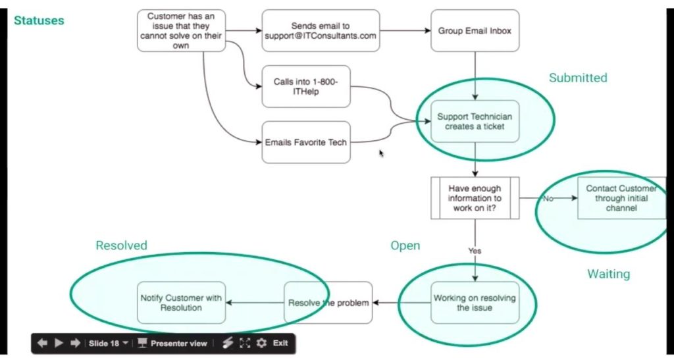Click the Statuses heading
tap(39, 20)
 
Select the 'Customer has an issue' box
tap(181, 31)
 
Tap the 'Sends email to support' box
tap(321, 31)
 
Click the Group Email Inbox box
tap(475, 31)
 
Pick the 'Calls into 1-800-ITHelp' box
tap(305, 87)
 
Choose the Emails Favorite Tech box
tap(305, 142)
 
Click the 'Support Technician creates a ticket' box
tap(475, 121)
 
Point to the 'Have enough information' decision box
tap(475, 197)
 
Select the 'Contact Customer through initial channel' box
tap(621, 198)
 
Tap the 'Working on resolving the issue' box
tap(475, 303)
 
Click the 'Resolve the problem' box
tap(328, 303)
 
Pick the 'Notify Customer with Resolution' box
tap(181, 303)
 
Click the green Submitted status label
tap(578, 78)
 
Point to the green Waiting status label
tap(608, 274)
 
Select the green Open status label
tap(405, 245)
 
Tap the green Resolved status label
tap(122, 245)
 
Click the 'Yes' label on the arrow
tap(475, 251)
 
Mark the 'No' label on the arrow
tap(548, 198)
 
